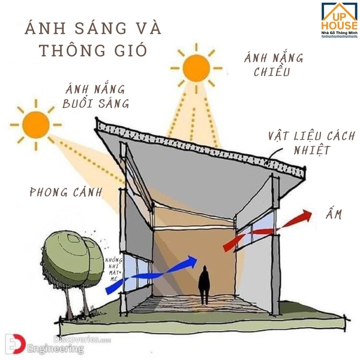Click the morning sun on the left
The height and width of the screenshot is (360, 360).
pyautogui.click(x=36, y=124)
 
